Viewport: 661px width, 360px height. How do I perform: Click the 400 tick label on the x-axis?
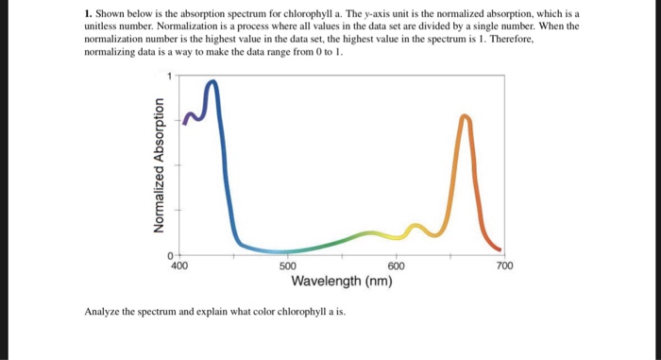(x=179, y=267)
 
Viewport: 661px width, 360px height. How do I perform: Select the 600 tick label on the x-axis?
(x=396, y=267)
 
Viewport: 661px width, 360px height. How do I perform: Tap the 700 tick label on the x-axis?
(x=504, y=267)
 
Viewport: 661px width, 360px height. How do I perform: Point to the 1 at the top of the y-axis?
(x=170, y=76)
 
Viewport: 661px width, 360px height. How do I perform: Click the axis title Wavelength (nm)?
(x=342, y=282)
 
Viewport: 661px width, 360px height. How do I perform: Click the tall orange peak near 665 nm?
(x=464, y=117)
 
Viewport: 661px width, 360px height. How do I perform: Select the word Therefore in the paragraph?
(x=514, y=43)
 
